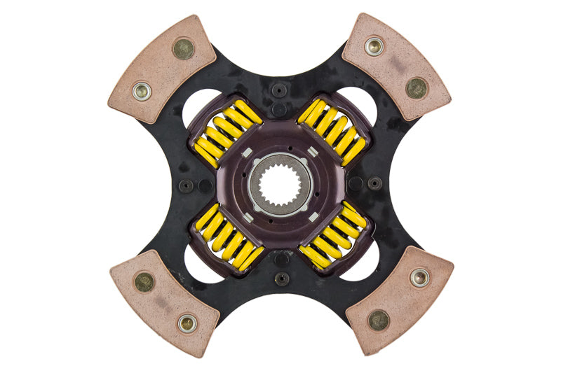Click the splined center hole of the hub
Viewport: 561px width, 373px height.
click(x=280, y=185)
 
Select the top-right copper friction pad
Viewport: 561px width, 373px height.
click(x=397, y=66)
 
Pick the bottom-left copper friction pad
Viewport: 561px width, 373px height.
click(x=163, y=302)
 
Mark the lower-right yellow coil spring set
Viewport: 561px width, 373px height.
click(x=332, y=237)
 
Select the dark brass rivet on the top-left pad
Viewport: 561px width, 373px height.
click(x=183, y=48)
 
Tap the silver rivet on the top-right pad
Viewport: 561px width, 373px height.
click(x=373, y=46)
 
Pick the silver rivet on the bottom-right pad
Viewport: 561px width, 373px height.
click(x=419, y=277)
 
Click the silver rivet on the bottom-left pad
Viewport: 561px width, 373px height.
click(x=187, y=323)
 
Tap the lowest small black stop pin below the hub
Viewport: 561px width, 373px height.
click(x=281, y=279)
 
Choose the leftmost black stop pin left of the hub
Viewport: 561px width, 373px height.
click(x=185, y=186)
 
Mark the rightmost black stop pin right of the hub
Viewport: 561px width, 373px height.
click(x=375, y=183)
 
